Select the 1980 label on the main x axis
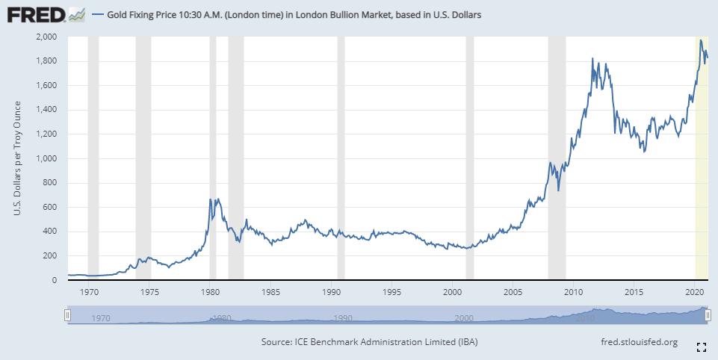coord(211,291)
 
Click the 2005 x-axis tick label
coord(513,291)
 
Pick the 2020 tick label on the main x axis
coord(695,291)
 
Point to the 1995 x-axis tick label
coord(392,291)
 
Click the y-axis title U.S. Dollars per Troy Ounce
coord(17,158)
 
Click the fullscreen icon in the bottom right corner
coord(701,347)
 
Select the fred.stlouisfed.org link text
coord(639,342)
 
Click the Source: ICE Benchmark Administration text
coord(369,342)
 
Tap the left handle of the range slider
coord(68,316)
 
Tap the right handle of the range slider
coord(706,316)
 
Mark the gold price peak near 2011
coord(592,58)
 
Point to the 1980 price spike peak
coord(210,199)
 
